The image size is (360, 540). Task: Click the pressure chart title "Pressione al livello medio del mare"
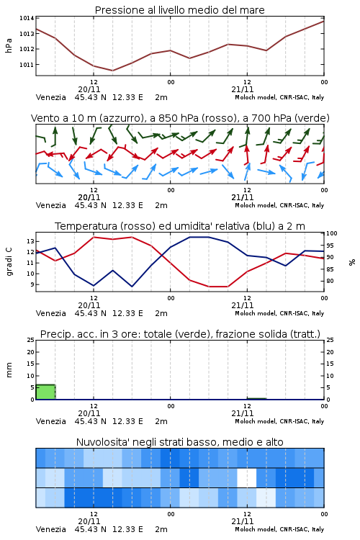(179, 10)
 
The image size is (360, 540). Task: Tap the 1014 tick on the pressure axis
(27, 18)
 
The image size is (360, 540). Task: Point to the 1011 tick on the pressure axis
(27, 64)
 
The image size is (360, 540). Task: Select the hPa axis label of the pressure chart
(9, 45)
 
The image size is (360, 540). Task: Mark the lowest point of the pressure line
(112, 71)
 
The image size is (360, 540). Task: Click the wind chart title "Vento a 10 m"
(64, 118)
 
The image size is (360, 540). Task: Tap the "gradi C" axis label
(9, 261)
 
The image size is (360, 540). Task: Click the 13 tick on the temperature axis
(30, 241)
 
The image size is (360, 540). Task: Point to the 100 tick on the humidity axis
(332, 233)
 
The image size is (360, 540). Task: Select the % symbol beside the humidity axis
(352, 262)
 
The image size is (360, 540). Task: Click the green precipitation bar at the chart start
(45, 392)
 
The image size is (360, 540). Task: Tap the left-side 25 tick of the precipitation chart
(30, 341)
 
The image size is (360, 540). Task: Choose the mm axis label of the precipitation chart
(9, 370)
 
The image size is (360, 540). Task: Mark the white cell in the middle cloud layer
(247, 477)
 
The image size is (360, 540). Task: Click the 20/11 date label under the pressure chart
(89, 89)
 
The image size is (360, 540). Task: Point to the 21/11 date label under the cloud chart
(243, 521)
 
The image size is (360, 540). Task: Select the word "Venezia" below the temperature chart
(50, 313)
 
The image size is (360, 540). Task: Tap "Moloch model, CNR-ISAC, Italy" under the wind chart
(279, 206)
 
